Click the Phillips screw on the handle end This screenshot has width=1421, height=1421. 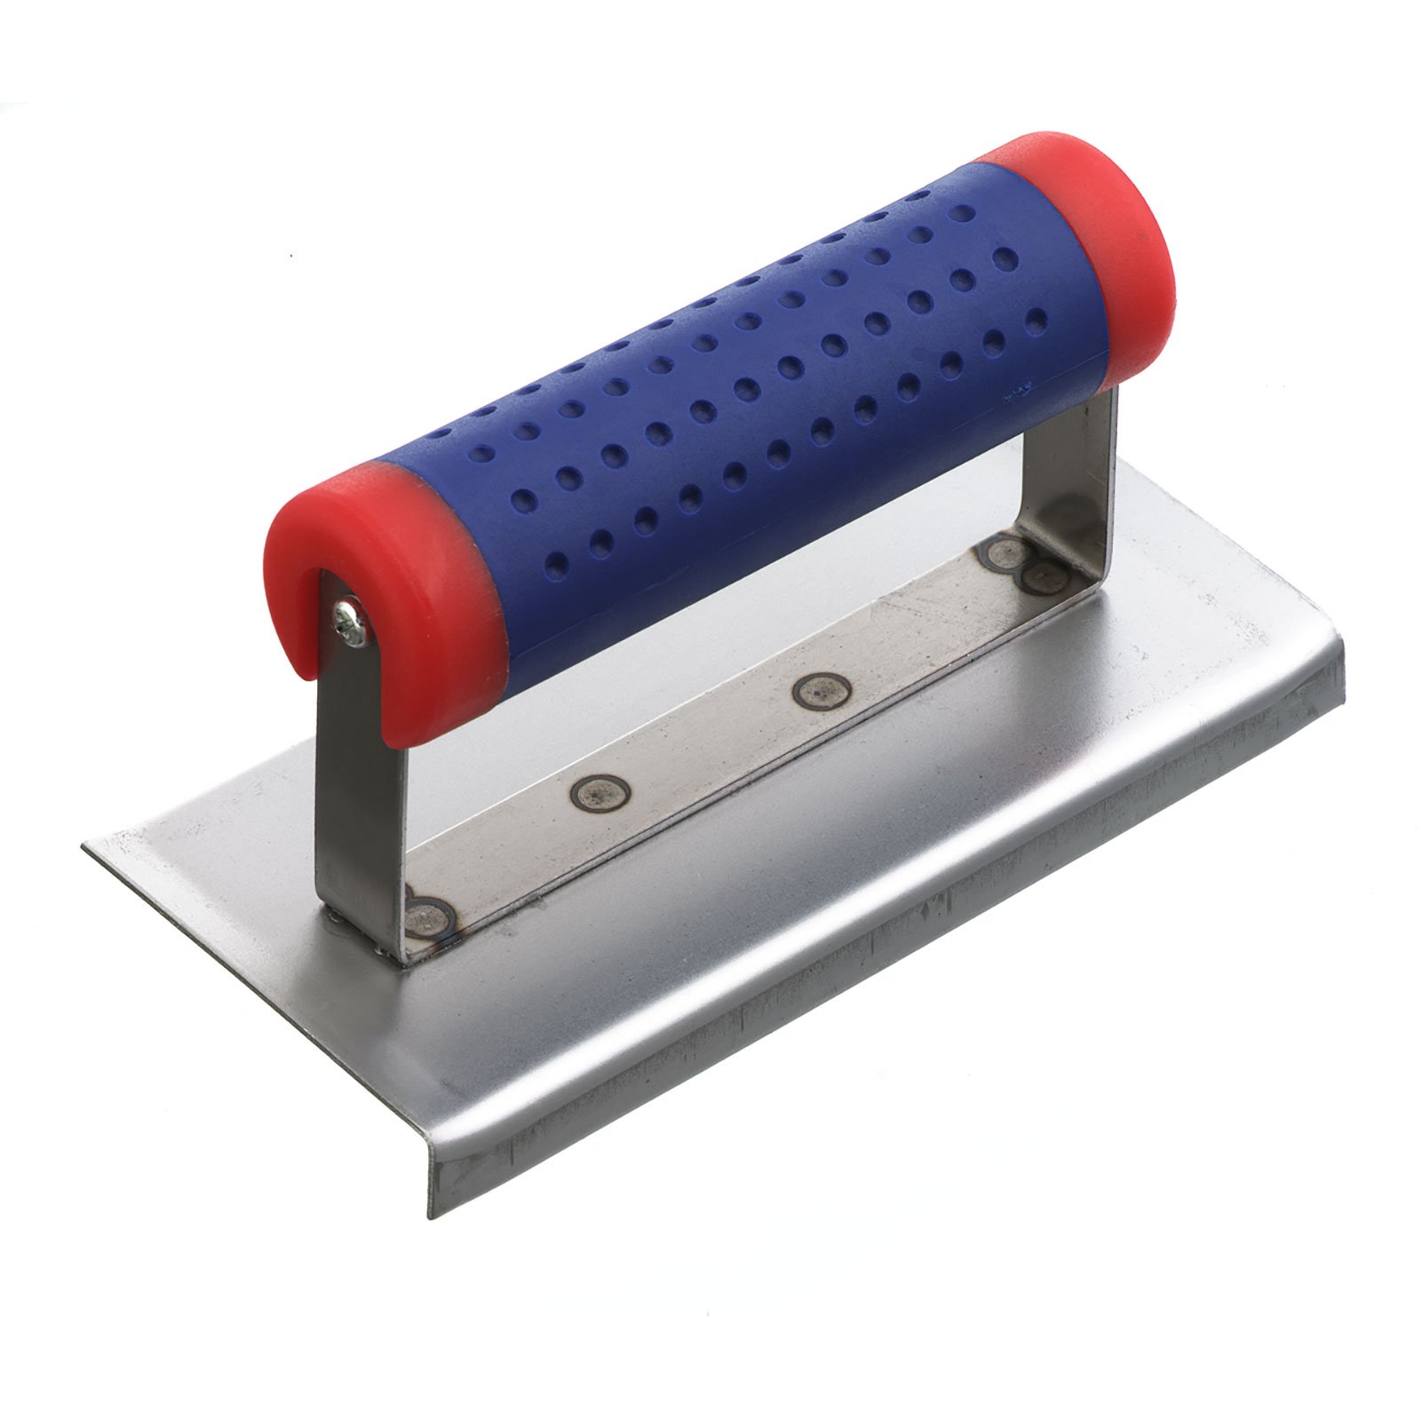click(x=347, y=619)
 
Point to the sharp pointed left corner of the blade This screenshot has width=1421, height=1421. click(x=86, y=846)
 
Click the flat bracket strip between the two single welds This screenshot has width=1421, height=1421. click(x=710, y=742)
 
